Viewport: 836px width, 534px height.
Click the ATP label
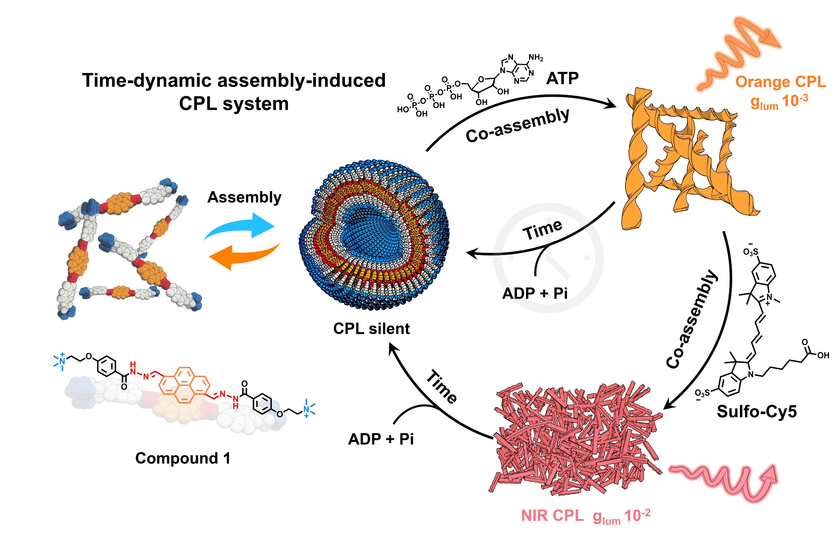pyautogui.click(x=562, y=78)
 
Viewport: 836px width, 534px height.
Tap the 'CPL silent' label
pyautogui.click(x=371, y=329)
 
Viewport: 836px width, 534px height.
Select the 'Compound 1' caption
pyautogui.click(x=183, y=458)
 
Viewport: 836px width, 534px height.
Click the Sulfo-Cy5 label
pyautogui.click(x=757, y=412)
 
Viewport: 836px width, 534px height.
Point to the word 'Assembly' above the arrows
pyautogui.click(x=244, y=197)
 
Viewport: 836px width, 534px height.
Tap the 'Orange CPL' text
pyautogui.click(x=780, y=82)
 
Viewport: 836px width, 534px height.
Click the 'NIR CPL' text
pyautogui.click(x=552, y=516)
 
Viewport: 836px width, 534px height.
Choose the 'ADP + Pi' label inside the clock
pyautogui.click(x=535, y=293)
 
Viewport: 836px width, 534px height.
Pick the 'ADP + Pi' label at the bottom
pyautogui.click(x=381, y=439)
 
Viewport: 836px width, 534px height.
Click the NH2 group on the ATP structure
pyautogui.click(x=535, y=58)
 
